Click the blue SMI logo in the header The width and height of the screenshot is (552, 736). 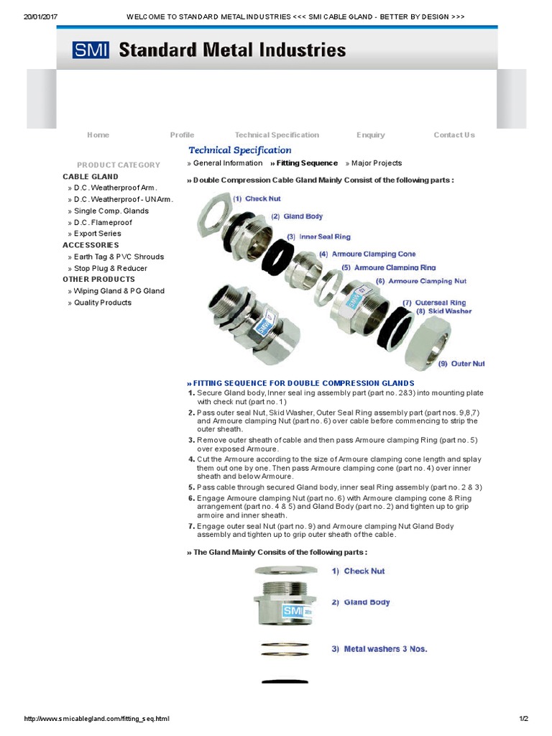91,50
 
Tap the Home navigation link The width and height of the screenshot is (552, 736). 98,135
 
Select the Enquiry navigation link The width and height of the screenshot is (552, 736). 371,135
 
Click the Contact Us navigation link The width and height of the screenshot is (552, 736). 454,135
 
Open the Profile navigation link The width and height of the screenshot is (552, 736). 182,135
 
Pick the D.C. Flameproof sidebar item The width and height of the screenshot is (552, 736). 103,222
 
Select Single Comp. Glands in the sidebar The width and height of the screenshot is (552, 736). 111,211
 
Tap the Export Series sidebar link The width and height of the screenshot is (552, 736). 98,234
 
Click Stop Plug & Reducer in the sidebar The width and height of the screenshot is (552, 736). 110,268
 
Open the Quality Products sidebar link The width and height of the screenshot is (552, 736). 103,303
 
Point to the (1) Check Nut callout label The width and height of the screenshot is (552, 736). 257,198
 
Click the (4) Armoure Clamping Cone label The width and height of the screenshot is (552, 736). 367,254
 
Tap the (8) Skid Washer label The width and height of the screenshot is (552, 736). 443,311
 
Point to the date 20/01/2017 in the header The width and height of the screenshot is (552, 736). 40,16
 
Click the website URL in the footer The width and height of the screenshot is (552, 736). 97,719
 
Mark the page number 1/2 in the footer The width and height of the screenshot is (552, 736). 523,719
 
